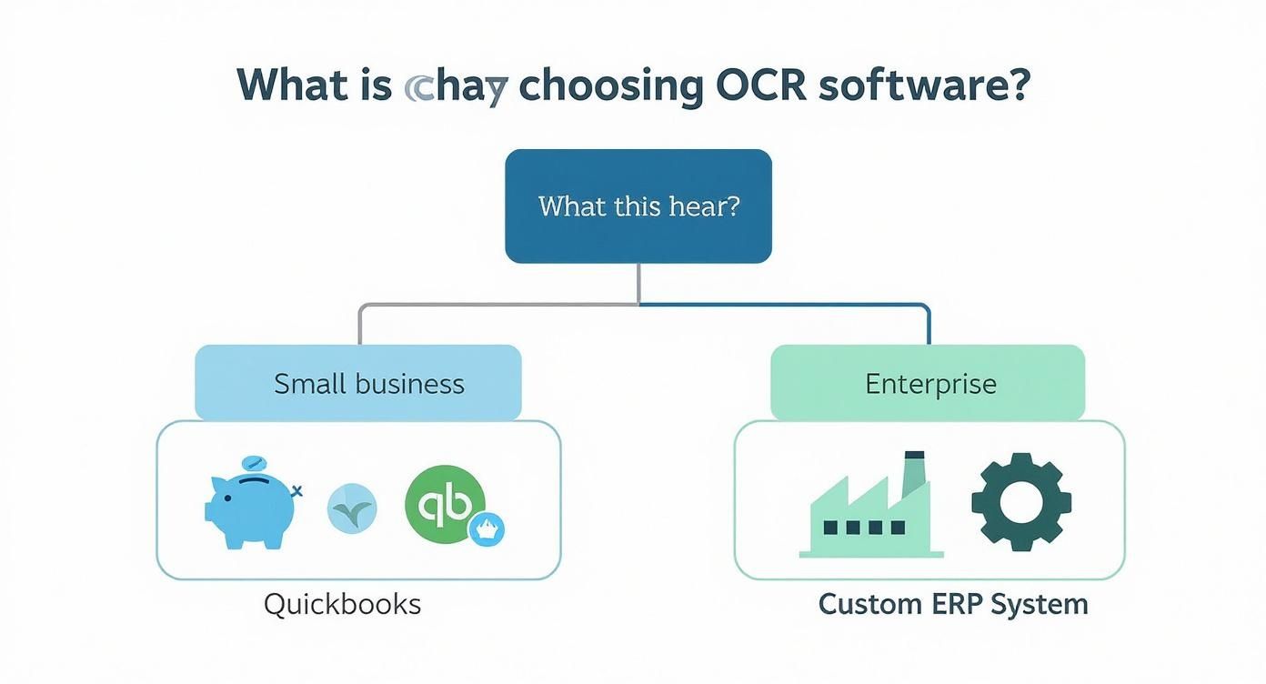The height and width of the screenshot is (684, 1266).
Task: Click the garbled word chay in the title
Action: pyautogui.click(x=454, y=87)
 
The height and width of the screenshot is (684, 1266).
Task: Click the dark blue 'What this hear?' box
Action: pyautogui.click(x=638, y=206)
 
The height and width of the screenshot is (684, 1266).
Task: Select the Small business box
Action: pyautogui.click(x=358, y=383)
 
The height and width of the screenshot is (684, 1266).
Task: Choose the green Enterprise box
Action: pyautogui.click(x=927, y=383)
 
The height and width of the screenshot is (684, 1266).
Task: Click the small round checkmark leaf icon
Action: pyautogui.click(x=352, y=508)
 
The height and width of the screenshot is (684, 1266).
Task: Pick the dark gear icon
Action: pyautogui.click(x=1020, y=502)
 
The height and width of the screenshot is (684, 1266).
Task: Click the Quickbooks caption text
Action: pyautogui.click(x=342, y=604)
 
